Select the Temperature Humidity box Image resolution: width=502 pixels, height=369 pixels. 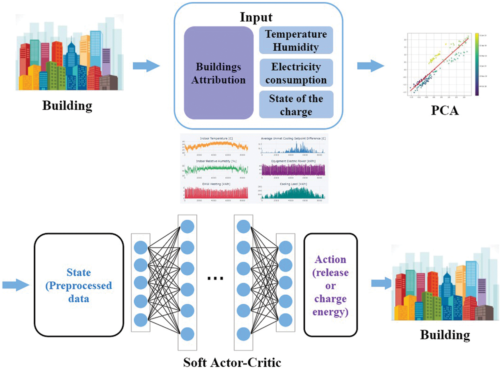296,40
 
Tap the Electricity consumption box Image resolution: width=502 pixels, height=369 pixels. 296,73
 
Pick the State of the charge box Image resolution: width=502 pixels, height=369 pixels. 296,104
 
